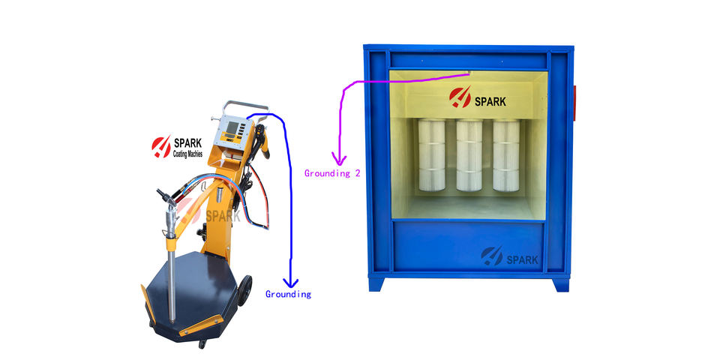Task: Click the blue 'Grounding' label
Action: [288, 294]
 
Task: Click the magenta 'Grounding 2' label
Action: [331, 173]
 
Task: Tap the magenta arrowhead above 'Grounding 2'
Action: [340, 159]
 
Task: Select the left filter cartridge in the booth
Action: [432, 155]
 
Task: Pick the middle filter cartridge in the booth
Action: [469, 155]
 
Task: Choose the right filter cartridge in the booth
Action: [505, 155]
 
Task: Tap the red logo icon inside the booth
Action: [460, 97]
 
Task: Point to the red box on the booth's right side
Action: [575, 102]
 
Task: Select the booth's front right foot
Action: [560, 284]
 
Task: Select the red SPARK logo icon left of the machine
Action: [160, 146]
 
